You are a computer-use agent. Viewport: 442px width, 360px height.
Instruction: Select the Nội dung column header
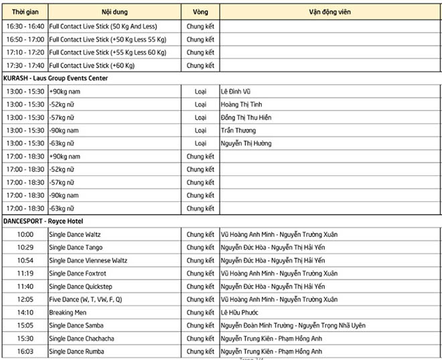coord(115,12)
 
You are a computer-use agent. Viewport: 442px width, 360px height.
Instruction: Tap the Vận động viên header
coord(329,12)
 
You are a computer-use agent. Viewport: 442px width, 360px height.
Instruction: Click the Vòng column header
coord(200,12)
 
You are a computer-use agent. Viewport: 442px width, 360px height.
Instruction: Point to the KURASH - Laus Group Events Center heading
coord(56,78)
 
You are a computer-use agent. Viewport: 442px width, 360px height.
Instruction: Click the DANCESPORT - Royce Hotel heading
coord(43,221)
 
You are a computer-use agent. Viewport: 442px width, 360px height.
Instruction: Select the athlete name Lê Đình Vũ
coord(238,92)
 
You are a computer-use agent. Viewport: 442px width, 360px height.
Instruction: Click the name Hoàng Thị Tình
coord(242,104)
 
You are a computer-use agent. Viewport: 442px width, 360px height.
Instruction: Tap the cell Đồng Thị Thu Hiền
coord(246,118)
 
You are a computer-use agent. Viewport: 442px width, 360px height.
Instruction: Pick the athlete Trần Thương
coord(240,130)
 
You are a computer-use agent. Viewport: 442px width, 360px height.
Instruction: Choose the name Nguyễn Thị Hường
coord(246,143)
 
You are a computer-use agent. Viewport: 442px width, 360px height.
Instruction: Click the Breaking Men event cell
coord(68,312)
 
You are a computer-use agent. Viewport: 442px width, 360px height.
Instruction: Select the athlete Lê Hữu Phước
coord(239,312)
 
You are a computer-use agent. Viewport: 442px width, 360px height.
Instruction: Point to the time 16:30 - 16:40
coord(25,27)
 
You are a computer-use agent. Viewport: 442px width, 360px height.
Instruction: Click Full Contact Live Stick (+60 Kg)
coord(92,66)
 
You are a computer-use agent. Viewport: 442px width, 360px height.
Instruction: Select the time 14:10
coord(25,312)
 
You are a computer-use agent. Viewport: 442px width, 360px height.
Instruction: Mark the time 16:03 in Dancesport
coord(25,351)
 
